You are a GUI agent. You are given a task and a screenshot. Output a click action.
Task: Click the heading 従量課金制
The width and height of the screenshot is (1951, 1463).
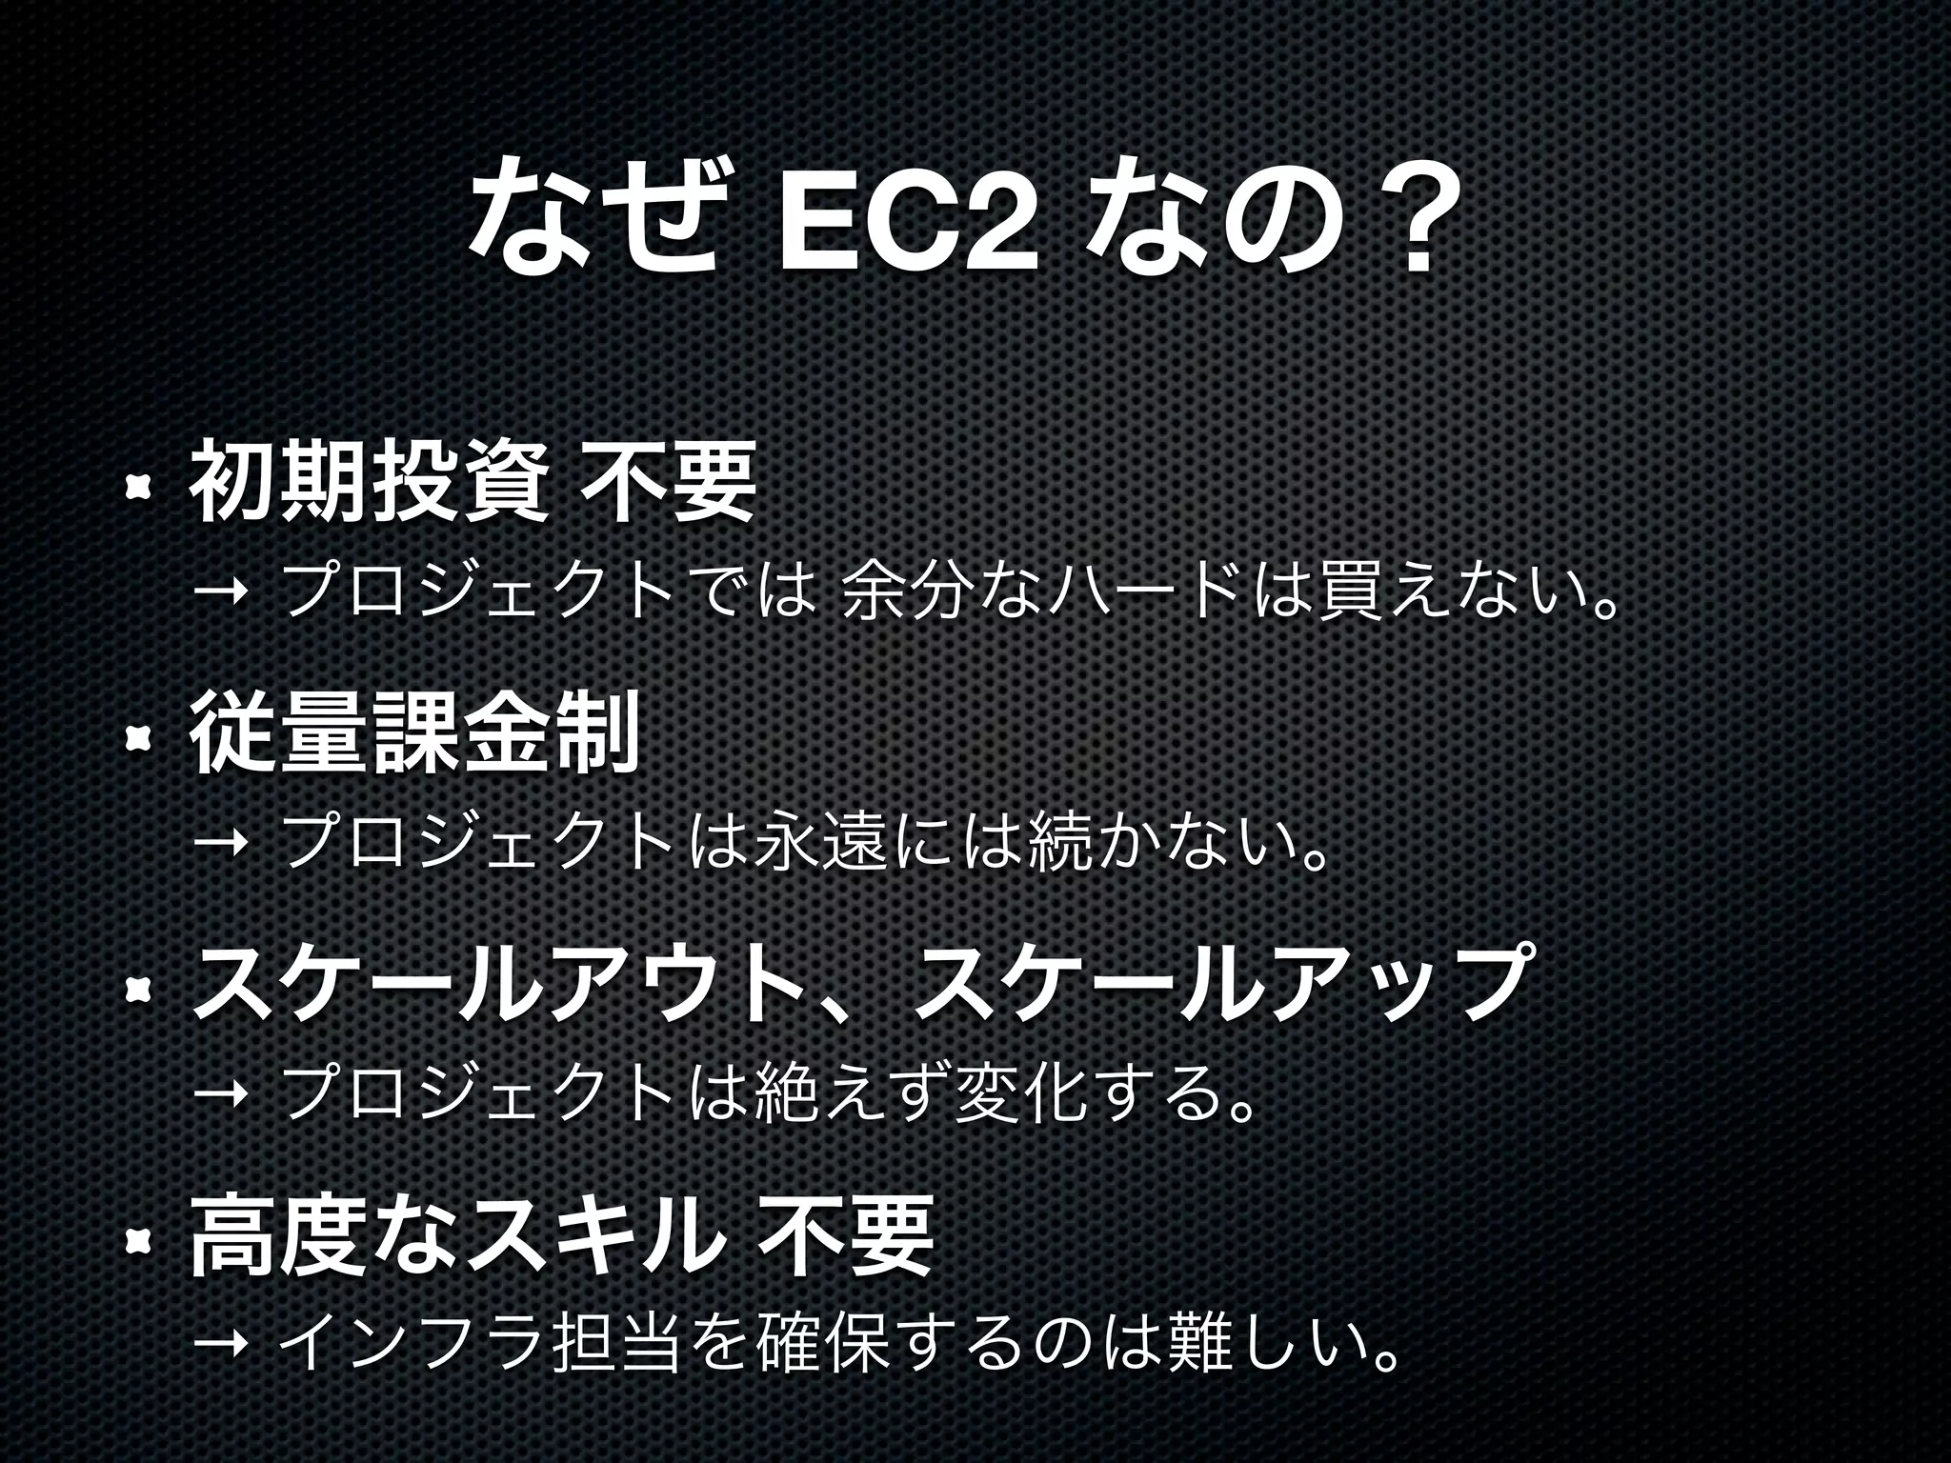click(x=413, y=734)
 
